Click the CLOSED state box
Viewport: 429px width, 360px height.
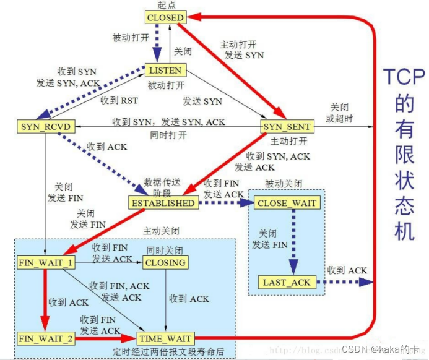(x=165, y=17)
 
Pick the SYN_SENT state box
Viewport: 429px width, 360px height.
(x=287, y=126)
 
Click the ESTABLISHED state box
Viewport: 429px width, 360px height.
(x=163, y=202)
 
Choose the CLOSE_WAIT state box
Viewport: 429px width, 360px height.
(x=287, y=202)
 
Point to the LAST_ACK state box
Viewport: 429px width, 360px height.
(x=287, y=282)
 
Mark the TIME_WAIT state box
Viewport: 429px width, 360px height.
(x=165, y=338)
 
